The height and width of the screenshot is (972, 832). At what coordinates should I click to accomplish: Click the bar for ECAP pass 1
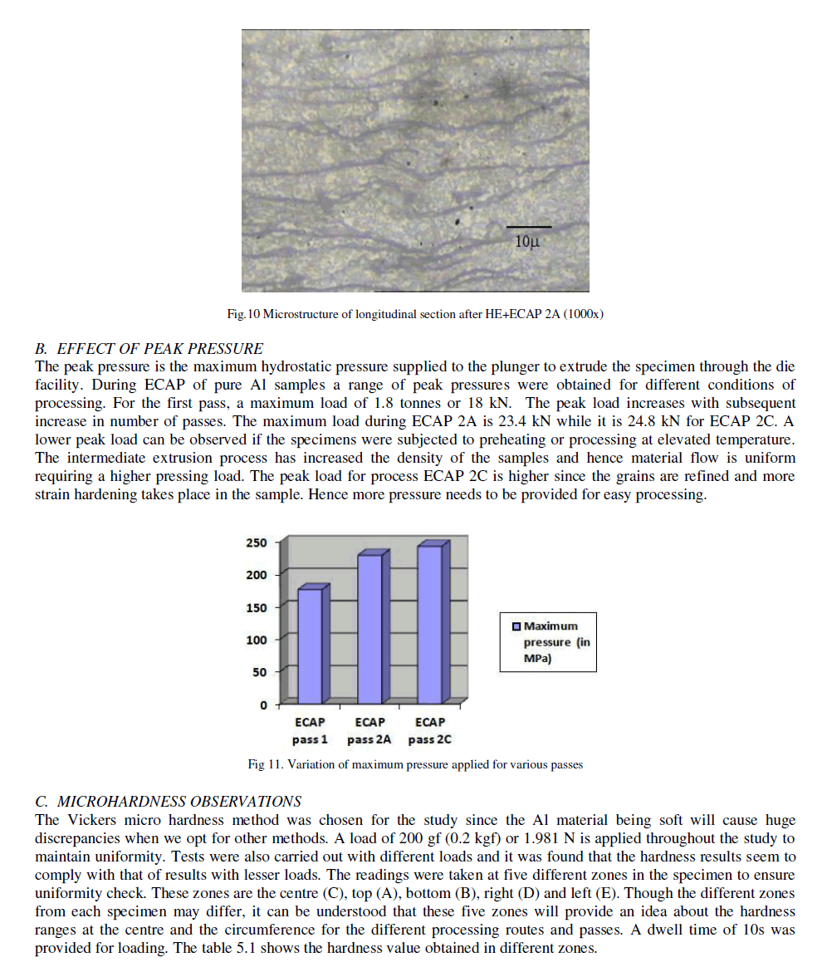pos(310,646)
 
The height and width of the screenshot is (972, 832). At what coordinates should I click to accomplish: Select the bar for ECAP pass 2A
pos(370,629)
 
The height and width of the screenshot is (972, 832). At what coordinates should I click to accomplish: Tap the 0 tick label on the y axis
pos(263,705)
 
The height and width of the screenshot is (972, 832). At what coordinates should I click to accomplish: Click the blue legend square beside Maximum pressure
pos(516,626)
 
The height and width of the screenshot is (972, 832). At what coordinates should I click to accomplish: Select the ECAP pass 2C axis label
pos(430,731)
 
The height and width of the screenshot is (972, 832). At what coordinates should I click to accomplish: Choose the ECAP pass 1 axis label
pos(310,731)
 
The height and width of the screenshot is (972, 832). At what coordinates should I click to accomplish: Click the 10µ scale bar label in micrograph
pos(528,242)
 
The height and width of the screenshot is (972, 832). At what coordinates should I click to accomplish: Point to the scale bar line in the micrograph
pos(529,227)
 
